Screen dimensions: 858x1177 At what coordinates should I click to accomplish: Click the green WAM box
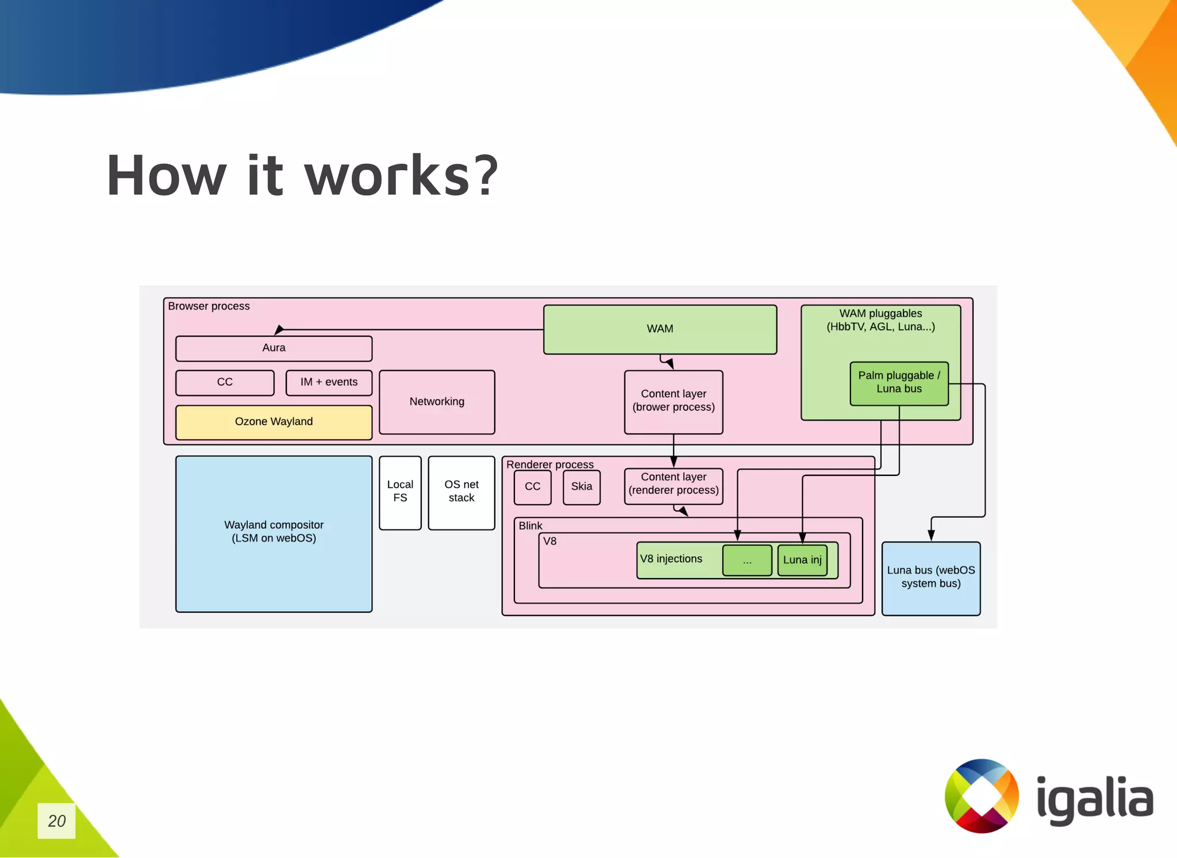[x=660, y=329]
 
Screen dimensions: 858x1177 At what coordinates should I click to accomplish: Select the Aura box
[x=274, y=348]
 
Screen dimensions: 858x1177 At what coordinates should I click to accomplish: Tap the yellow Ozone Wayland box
[x=274, y=422]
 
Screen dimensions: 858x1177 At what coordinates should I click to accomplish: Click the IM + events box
[x=329, y=383]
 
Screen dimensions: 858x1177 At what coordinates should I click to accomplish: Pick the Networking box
[x=437, y=402]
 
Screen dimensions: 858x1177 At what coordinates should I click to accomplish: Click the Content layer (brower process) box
[x=674, y=401]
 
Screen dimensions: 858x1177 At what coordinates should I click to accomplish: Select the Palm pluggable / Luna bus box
[x=899, y=383]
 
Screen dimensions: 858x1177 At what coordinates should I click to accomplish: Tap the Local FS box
[x=400, y=492]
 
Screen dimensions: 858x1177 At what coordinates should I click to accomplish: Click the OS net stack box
[x=461, y=492]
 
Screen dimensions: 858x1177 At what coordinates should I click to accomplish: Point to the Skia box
[x=582, y=487]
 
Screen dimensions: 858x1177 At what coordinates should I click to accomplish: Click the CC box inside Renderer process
[x=532, y=487]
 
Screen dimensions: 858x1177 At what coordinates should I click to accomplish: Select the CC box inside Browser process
[x=225, y=383]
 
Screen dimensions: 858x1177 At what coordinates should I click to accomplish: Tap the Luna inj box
[x=802, y=560]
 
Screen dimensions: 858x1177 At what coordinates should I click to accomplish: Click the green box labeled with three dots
[x=747, y=560]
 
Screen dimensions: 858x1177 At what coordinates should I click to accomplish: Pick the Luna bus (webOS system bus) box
[x=930, y=578]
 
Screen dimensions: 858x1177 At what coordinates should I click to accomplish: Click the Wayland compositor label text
[x=274, y=532]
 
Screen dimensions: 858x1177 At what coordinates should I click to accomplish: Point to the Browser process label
[x=209, y=306]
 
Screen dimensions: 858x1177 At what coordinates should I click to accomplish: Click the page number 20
[x=56, y=821]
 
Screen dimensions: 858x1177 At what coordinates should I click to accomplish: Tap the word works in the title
[x=386, y=176]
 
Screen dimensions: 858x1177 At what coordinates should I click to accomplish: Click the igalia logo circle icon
[x=982, y=796]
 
